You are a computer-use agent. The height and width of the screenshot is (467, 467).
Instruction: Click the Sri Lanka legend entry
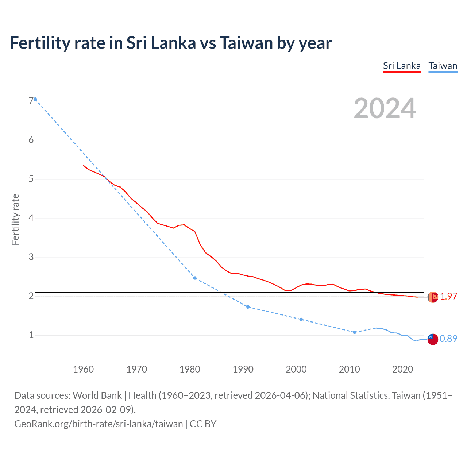pyautogui.click(x=402, y=66)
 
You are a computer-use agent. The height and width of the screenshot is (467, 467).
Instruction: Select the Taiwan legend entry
pyautogui.click(x=443, y=66)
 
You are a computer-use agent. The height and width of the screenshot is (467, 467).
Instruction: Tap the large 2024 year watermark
pyautogui.click(x=385, y=108)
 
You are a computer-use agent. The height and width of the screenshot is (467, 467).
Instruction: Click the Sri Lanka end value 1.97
pyautogui.click(x=448, y=297)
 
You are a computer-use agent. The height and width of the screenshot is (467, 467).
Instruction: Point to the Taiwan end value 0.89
pyautogui.click(x=448, y=339)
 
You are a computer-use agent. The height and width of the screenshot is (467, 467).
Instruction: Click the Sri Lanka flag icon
pyautogui.click(x=433, y=297)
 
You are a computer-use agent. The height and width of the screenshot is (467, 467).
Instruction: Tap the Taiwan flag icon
pyautogui.click(x=433, y=339)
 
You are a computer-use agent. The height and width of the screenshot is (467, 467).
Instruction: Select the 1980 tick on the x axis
pyautogui.click(x=190, y=369)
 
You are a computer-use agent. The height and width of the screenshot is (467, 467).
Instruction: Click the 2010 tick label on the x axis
pyautogui.click(x=349, y=369)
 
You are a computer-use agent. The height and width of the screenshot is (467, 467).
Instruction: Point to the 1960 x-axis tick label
pyautogui.click(x=83, y=369)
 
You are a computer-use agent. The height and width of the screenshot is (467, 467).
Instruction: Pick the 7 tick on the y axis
pyautogui.click(x=31, y=101)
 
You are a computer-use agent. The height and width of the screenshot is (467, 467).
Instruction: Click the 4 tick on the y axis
pyautogui.click(x=31, y=218)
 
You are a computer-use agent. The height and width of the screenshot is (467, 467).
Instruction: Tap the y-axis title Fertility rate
pyautogui.click(x=15, y=219)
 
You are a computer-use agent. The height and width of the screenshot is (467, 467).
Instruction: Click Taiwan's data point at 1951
pyautogui.click(x=35, y=99)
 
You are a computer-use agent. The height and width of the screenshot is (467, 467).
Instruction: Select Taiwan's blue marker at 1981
pyautogui.click(x=195, y=278)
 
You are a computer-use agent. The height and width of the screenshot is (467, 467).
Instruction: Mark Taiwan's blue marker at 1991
pyautogui.click(x=248, y=307)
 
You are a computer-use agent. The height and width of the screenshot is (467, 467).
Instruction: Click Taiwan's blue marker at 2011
pyautogui.click(x=354, y=332)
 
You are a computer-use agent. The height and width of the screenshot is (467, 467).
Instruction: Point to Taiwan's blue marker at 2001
pyautogui.click(x=301, y=319)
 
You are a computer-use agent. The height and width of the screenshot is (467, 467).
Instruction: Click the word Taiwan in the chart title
pyautogui.click(x=246, y=43)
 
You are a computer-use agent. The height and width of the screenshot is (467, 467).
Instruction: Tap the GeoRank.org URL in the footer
pyautogui.click(x=99, y=424)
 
